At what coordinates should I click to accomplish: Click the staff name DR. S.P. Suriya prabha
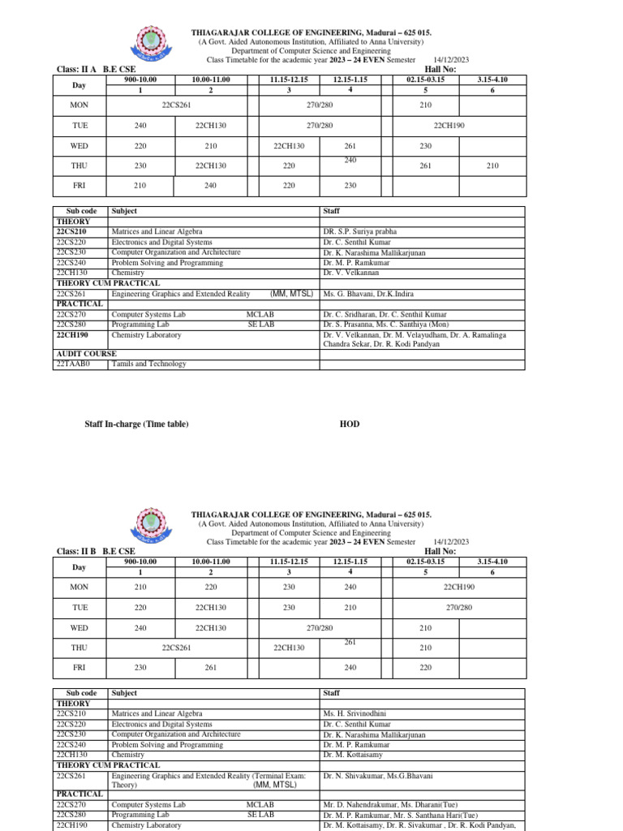click(364, 231)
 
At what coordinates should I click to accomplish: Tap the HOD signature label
click(349, 424)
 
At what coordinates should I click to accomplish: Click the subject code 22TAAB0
click(73, 364)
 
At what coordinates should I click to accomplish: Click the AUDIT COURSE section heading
click(86, 354)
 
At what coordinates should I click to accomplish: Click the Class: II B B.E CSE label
click(95, 551)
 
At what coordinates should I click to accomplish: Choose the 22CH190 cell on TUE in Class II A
click(449, 126)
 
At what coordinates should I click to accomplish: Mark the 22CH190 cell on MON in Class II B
click(459, 587)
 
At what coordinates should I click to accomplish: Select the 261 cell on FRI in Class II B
click(211, 668)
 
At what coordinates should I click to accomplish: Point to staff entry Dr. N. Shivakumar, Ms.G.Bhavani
click(377, 776)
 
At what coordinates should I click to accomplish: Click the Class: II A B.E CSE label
click(95, 70)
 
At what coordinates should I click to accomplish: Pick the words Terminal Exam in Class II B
click(278, 776)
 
